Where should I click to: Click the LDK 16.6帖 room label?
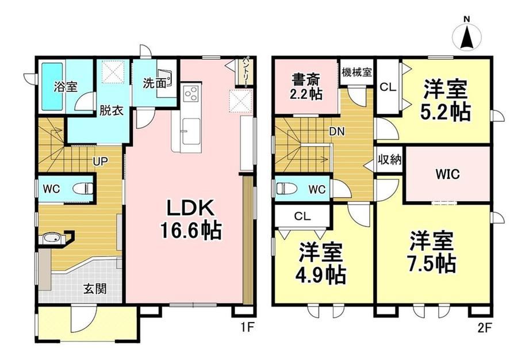tap(191, 219)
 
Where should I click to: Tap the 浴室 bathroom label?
tap(66, 87)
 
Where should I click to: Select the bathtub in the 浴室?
tap(52, 87)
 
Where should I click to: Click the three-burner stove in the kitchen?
tap(191, 93)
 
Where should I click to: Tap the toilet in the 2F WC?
tap(286, 188)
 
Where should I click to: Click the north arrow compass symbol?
tap(467, 34)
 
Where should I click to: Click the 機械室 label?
tap(356, 72)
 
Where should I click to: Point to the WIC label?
tap(447, 174)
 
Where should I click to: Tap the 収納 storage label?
tap(390, 160)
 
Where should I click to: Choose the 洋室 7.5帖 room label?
tap(432, 251)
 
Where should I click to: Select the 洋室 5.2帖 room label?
tap(445, 99)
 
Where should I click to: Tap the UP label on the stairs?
tap(101, 162)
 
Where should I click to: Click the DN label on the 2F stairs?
tap(337, 132)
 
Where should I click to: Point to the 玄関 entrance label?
tap(95, 289)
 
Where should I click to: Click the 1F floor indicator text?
tap(247, 328)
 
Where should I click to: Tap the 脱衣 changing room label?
tap(112, 110)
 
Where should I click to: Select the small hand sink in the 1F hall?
tap(52, 239)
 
